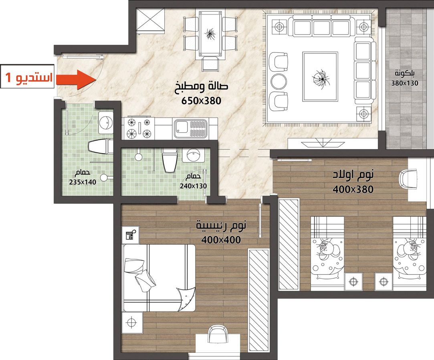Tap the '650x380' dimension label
(x=201, y=101)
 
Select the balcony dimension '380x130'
(x=404, y=83)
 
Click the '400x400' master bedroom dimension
(x=221, y=240)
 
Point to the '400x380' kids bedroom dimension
(x=353, y=189)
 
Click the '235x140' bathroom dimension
(x=83, y=182)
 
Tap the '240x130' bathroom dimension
(x=193, y=186)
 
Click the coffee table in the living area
(x=320, y=77)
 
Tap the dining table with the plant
(x=210, y=34)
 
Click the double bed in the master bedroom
(x=159, y=278)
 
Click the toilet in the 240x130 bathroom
(x=169, y=160)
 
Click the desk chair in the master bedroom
(x=218, y=334)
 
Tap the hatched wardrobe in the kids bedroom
(x=289, y=244)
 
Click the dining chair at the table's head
(x=210, y=64)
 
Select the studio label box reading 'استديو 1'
(x=27, y=77)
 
